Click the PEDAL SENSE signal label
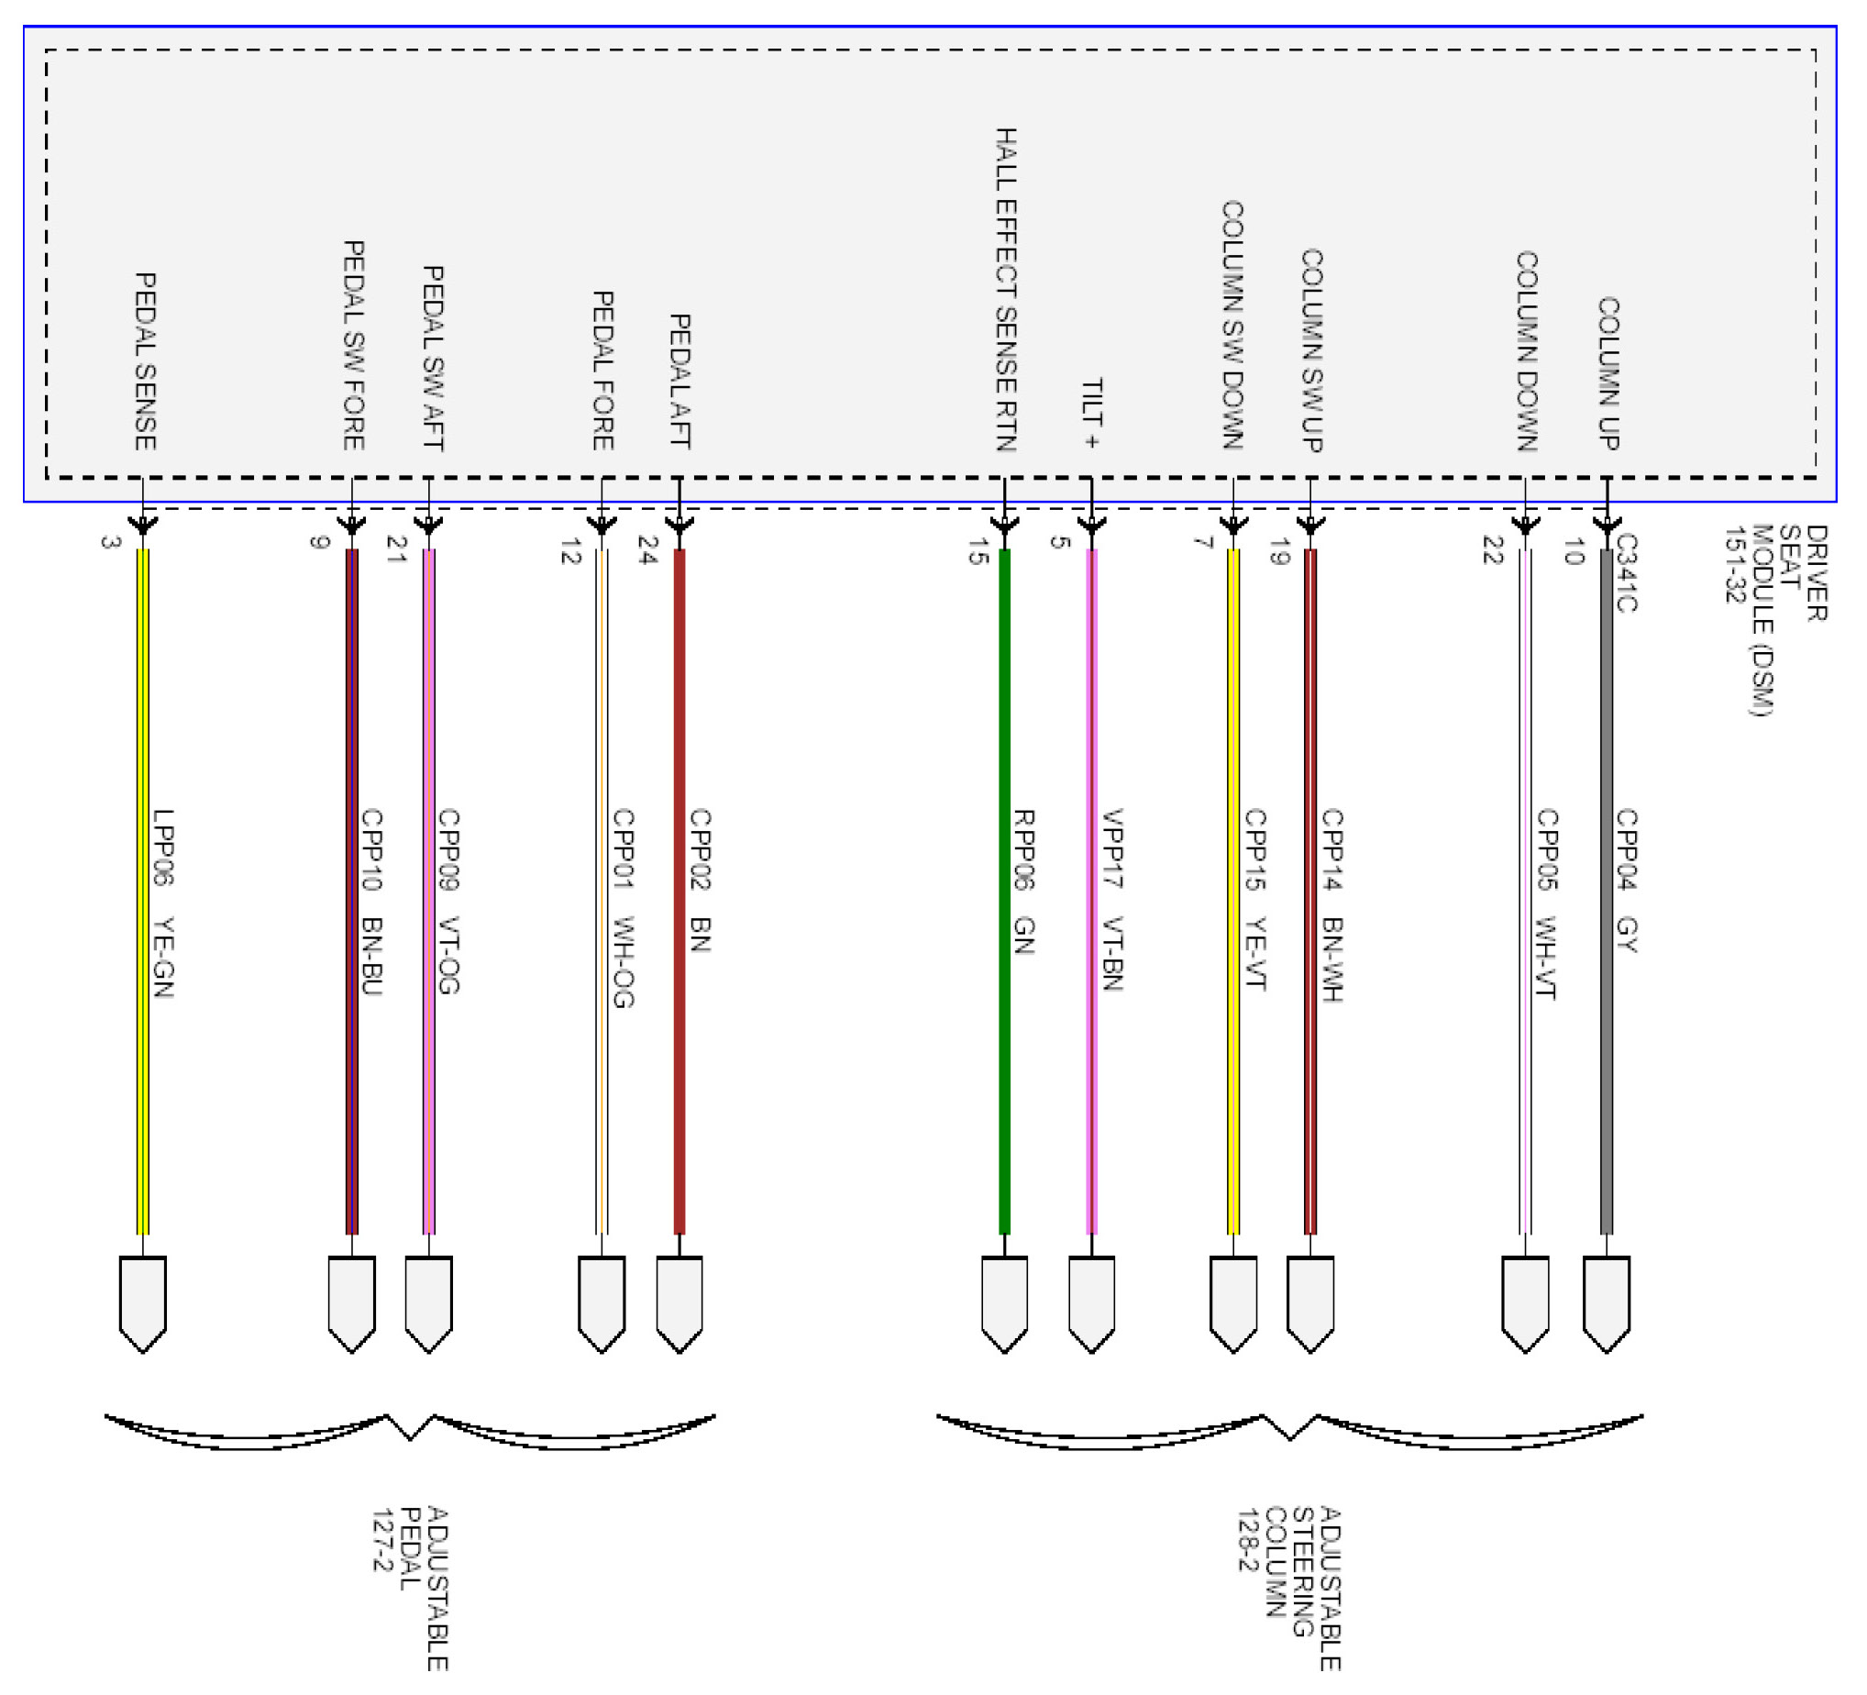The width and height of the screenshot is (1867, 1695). coord(146,361)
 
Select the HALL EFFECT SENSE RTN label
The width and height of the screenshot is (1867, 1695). coord(1006,289)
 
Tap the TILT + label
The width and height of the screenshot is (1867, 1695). coord(1092,413)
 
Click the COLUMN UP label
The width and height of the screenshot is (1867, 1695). coord(1607,373)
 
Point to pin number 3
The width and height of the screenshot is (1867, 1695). coord(110,542)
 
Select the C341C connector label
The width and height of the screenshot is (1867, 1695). coord(1626,572)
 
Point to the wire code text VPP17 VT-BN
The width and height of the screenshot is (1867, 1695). coord(1113,900)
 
